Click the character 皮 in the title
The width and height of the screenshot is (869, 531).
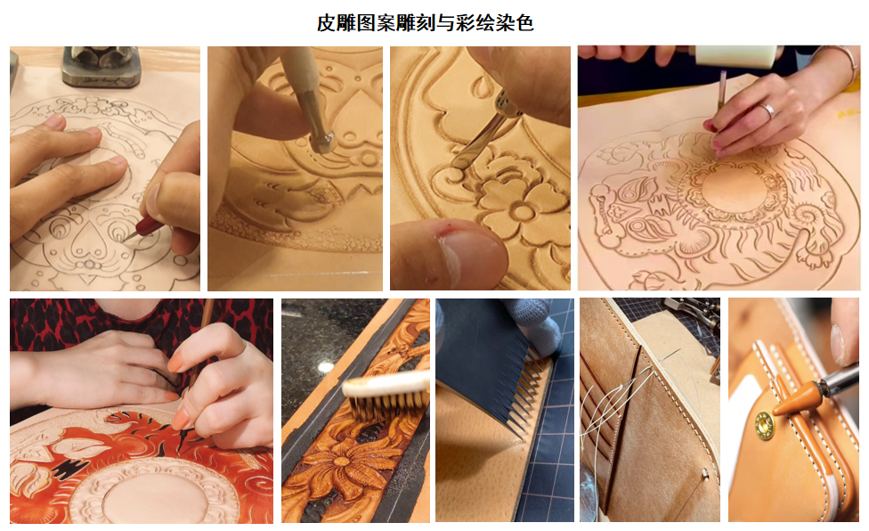coord(327,23)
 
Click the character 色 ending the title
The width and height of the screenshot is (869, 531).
coord(524,23)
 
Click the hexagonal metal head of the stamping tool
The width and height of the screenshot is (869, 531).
coord(321,142)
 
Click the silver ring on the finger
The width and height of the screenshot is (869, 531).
coord(767,110)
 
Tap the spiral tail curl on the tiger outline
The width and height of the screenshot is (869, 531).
coord(806,214)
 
